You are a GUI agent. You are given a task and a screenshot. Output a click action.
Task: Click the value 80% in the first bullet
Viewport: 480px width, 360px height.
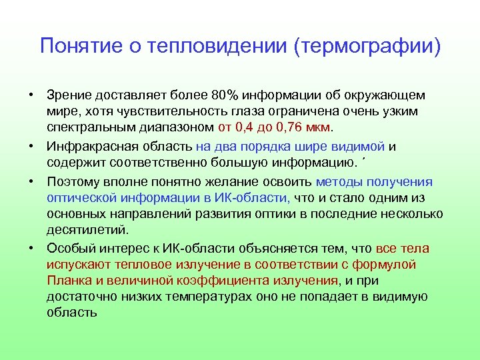tap(238, 95)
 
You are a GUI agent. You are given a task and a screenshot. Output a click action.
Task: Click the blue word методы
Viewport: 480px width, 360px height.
tap(339, 182)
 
